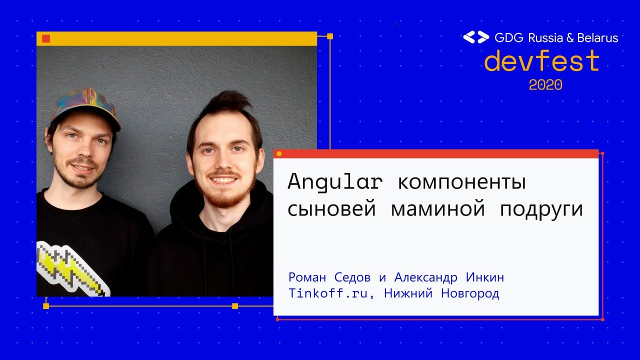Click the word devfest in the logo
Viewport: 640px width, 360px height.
pyautogui.click(x=541, y=60)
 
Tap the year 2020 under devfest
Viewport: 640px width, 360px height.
pyautogui.click(x=545, y=85)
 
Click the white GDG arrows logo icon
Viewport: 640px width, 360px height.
pyautogui.click(x=476, y=37)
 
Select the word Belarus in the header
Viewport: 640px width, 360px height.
pyautogui.click(x=597, y=37)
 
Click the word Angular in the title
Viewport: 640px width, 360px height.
pyautogui.click(x=335, y=182)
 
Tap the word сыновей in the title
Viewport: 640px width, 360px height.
pyautogui.click(x=331, y=209)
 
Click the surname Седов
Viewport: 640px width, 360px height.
pyautogui.click(x=352, y=277)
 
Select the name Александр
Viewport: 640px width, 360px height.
pyautogui.click(x=425, y=277)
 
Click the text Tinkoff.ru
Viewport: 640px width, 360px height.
pyautogui.click(x=328, y=293)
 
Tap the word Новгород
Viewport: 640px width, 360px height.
pyautogui.click(x=470, y=293)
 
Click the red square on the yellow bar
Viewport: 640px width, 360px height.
pyautogui.click(x=46, y=38)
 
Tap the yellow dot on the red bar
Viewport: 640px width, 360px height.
pyautogui.click(x=279, y=154)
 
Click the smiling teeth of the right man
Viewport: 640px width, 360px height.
pyautogui.click(x=223, y=180)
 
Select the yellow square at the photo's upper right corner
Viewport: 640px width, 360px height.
pyautogui.click(x=330, y=36)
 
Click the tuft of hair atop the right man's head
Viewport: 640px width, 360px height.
pyautogui.click(x=228, y=103)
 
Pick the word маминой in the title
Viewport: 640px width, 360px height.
pyautogui.click(x=437, y=209)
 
